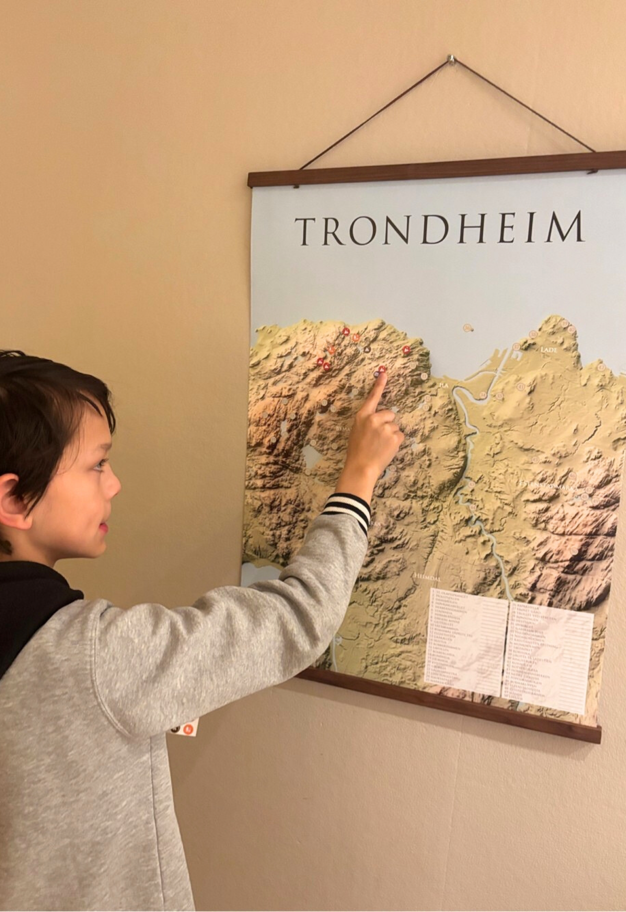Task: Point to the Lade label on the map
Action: pyautogui.click(x=548, y=349)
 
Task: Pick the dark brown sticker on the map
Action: pyautogui.click(x=367, y=349)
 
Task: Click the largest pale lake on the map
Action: pyautogui.click(x=310, y=456)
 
